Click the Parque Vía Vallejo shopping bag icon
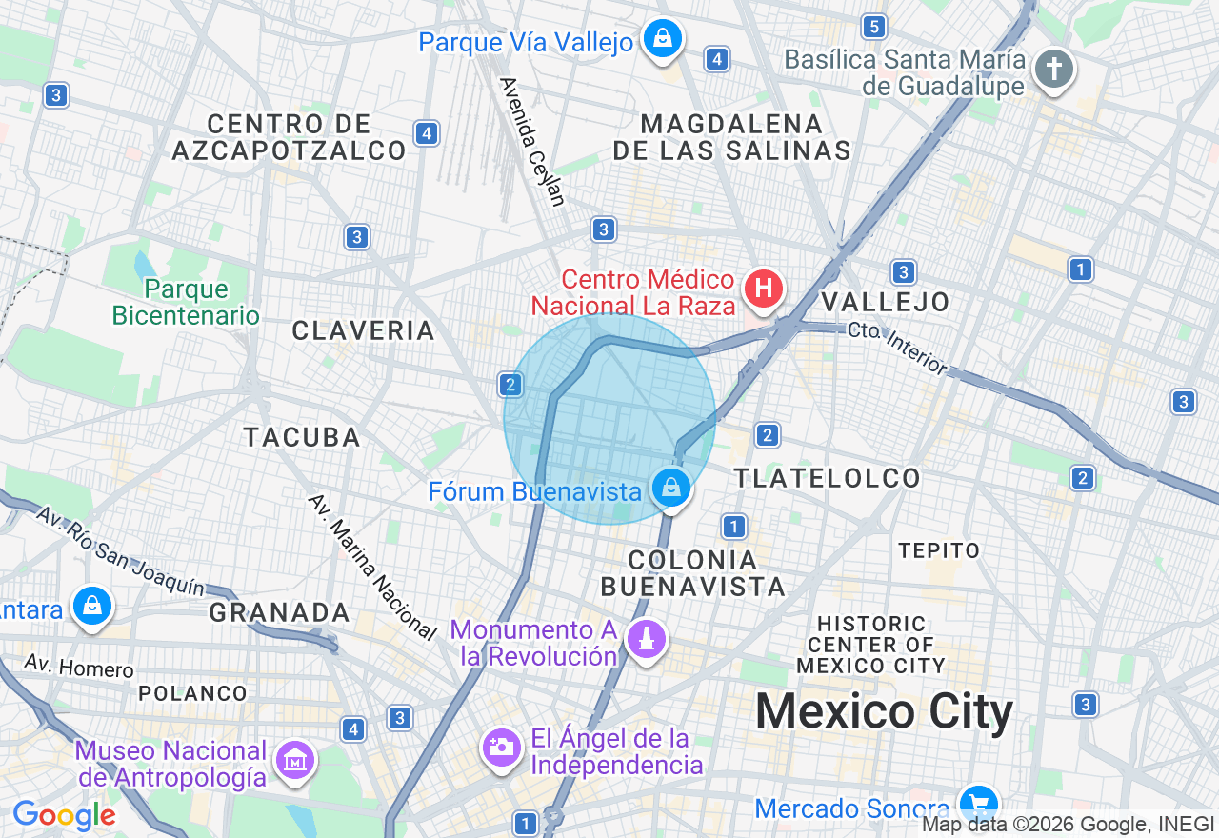(x=661, y=39)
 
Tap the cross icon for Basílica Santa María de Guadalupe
(x=1054, y=69)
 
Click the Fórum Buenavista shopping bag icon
(x=671, y=488)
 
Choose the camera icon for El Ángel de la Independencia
(x=501, y=748)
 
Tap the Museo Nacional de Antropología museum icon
(x=294, y=760)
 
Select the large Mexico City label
(x=885, y=712)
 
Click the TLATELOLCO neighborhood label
(x=828, y=478)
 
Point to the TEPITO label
(x=939, y=550)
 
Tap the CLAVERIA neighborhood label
(x=363, y=330)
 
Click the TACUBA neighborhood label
(x=302, y=437)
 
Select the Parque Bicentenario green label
(x=186, y=302)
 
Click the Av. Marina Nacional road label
(x=372, y=565)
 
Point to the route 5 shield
(x=874, y=26)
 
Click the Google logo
(x=64, y=816)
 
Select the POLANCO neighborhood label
(x=192, y=693)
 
